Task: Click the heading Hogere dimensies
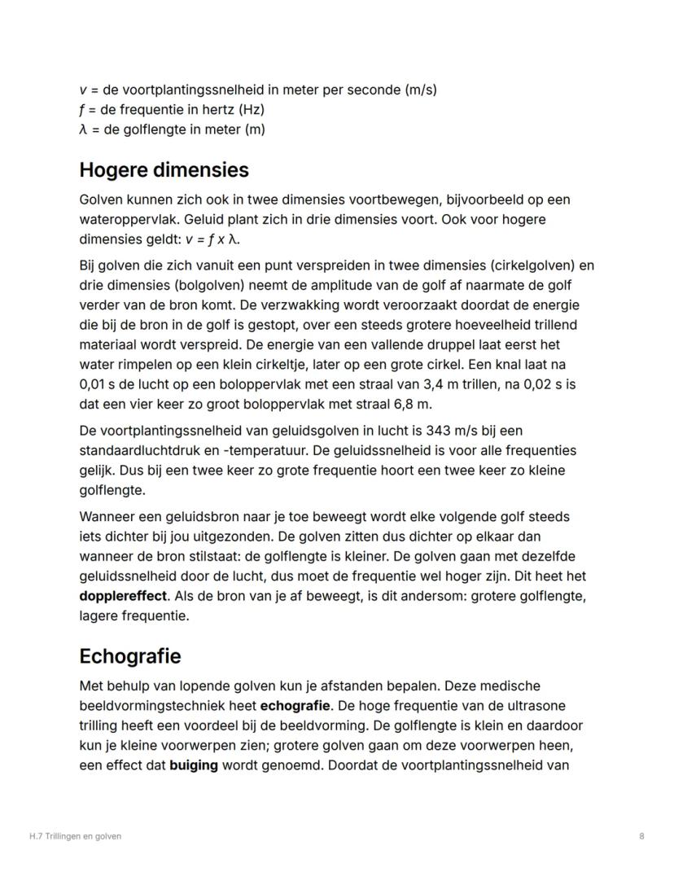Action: click(164, 170)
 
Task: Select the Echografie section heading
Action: click(130, 656)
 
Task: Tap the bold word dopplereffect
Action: click(122, 596)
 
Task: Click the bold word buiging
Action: click(194, 765)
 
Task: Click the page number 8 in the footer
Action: click(641, 836)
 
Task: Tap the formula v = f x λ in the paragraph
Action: click(214, 239)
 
